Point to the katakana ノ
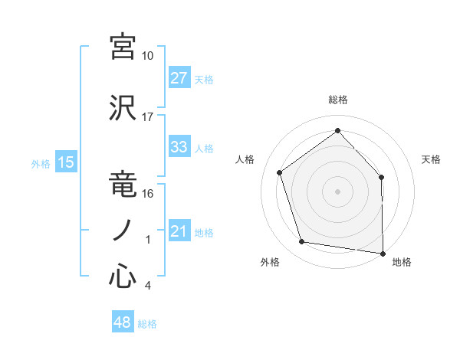coord(123,230)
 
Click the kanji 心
coord(123,277)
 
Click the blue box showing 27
coord(179,78)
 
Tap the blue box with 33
coord(179,147)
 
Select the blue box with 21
coord(179,231)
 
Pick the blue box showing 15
coord(65,162)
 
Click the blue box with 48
coord(123,322)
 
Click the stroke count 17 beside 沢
coord(148,117)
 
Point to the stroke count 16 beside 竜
coord(148,194)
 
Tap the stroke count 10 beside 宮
coord(148,56)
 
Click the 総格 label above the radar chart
coord(338,100)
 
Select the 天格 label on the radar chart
coord(431,159)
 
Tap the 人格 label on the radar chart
coord(245,159)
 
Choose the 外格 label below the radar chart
coord(270,263)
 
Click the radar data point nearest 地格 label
coord(383,252)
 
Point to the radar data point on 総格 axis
coord(337,130)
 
